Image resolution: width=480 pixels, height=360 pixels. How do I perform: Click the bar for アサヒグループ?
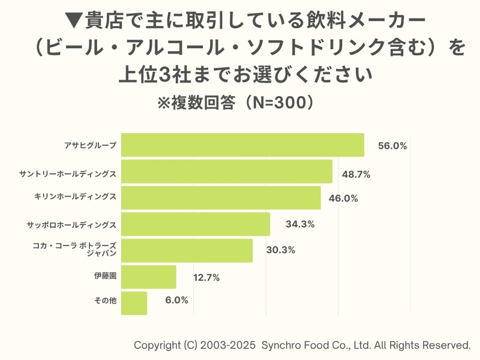(x=242, y=145)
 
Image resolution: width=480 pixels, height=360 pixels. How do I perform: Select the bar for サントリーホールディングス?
(x=227, y=172)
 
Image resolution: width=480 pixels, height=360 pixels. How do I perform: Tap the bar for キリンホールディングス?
(x=221, y=198)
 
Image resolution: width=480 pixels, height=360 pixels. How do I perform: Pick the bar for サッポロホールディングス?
(x=196, y=224)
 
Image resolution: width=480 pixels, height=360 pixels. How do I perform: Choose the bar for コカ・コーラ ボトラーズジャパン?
(x=187, y=250)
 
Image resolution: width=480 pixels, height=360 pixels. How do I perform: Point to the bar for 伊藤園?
(x=149, y=277)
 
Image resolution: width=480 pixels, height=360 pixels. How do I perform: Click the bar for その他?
(x=134, y=303)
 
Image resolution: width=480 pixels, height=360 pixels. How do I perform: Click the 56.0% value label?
(x=392, y=146)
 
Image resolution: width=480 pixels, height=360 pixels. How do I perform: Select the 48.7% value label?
(x=356, y=175)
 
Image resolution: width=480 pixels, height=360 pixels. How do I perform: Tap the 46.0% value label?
(x=343, y=199)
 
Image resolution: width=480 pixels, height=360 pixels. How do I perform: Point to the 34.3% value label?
(x=300, y=224)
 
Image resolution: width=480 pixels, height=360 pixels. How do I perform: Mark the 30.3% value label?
(x=280, y=250)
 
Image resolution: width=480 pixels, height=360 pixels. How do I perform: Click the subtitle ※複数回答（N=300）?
(x=235, y=103)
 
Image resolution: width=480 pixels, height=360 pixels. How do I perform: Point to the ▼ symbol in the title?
(x=73, y=20)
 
